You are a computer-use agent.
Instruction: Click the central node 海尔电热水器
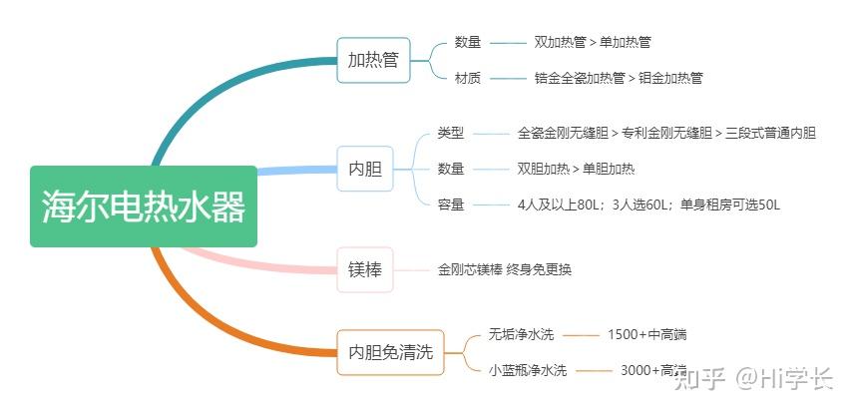[143, 206]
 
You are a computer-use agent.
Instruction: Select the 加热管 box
[373, 60]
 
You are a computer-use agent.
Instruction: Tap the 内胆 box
[365, 169]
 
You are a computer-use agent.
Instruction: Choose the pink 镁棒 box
[365, 269]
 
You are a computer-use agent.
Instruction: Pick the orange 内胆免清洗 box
[390, 352]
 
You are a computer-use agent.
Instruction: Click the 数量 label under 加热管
[468, 43]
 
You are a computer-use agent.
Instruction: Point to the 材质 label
[468, 78]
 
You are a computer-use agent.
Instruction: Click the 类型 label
[451, 133]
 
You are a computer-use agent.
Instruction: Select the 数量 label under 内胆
[451, 169]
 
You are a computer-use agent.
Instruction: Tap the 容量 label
[451, 205]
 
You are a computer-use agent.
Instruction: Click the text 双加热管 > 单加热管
[593, 43]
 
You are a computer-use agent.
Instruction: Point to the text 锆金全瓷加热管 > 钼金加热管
[619, 78]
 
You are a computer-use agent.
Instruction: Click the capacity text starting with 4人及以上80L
[648, 205]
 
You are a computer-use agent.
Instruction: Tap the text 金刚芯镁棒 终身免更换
[505, 269]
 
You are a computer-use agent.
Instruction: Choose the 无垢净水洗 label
[521, 334]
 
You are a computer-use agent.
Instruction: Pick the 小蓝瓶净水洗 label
[528, 370]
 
